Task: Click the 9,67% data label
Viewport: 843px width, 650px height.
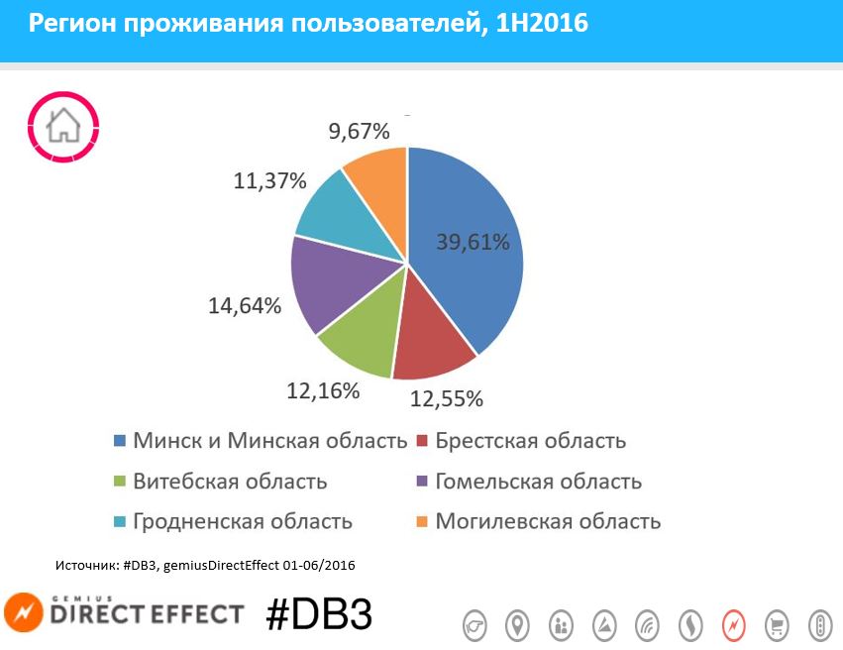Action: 358,131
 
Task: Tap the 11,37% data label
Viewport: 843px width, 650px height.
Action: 270,181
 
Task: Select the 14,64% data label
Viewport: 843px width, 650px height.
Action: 245,306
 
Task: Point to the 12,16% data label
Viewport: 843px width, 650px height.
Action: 323,390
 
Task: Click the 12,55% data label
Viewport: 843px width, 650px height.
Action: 447,399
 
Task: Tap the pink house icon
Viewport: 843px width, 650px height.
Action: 64,126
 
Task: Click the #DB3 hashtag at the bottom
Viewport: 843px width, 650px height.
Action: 319,614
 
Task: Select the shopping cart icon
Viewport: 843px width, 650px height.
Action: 778,625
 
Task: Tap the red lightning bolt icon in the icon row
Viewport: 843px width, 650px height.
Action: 734,625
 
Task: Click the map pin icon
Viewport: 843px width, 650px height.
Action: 517,625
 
